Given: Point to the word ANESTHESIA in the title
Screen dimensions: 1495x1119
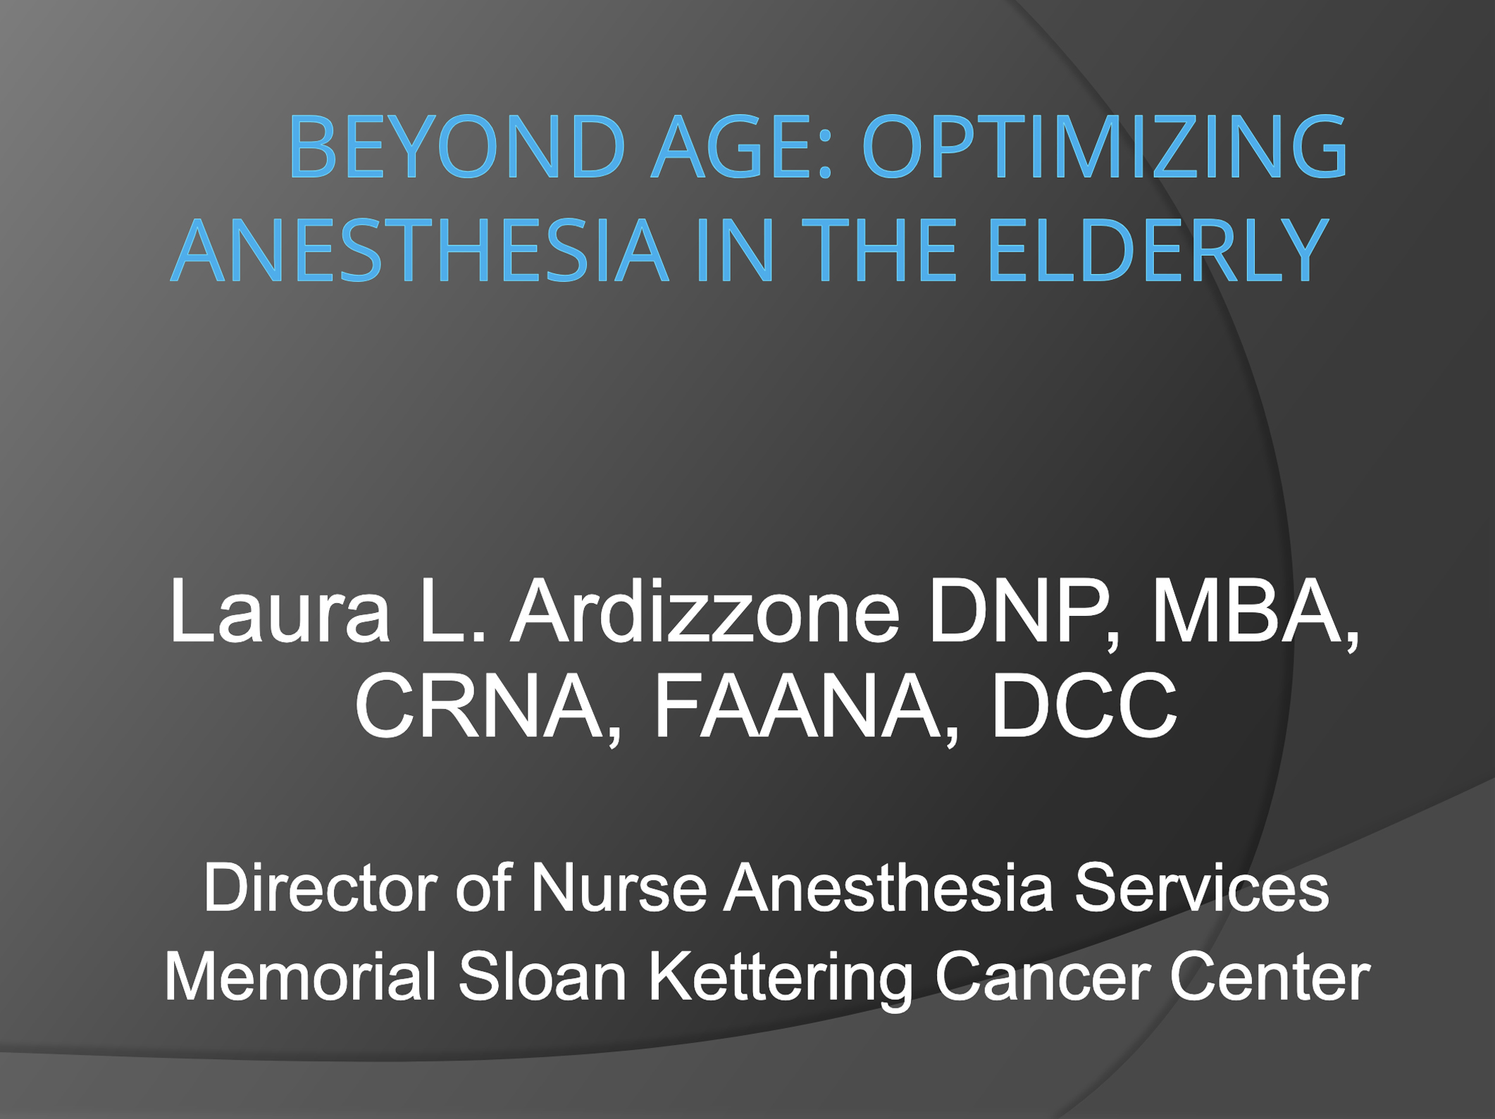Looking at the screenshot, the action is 419,249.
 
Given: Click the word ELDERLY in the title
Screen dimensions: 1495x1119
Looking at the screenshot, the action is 1158,249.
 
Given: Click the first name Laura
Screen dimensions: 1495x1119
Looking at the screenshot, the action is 279,610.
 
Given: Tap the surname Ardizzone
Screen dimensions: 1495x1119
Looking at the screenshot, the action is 705,610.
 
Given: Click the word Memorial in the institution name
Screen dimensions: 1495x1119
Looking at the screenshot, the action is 301,977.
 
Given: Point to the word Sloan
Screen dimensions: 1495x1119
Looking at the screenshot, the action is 542,977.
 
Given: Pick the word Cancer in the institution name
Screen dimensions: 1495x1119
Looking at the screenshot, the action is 1043,977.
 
